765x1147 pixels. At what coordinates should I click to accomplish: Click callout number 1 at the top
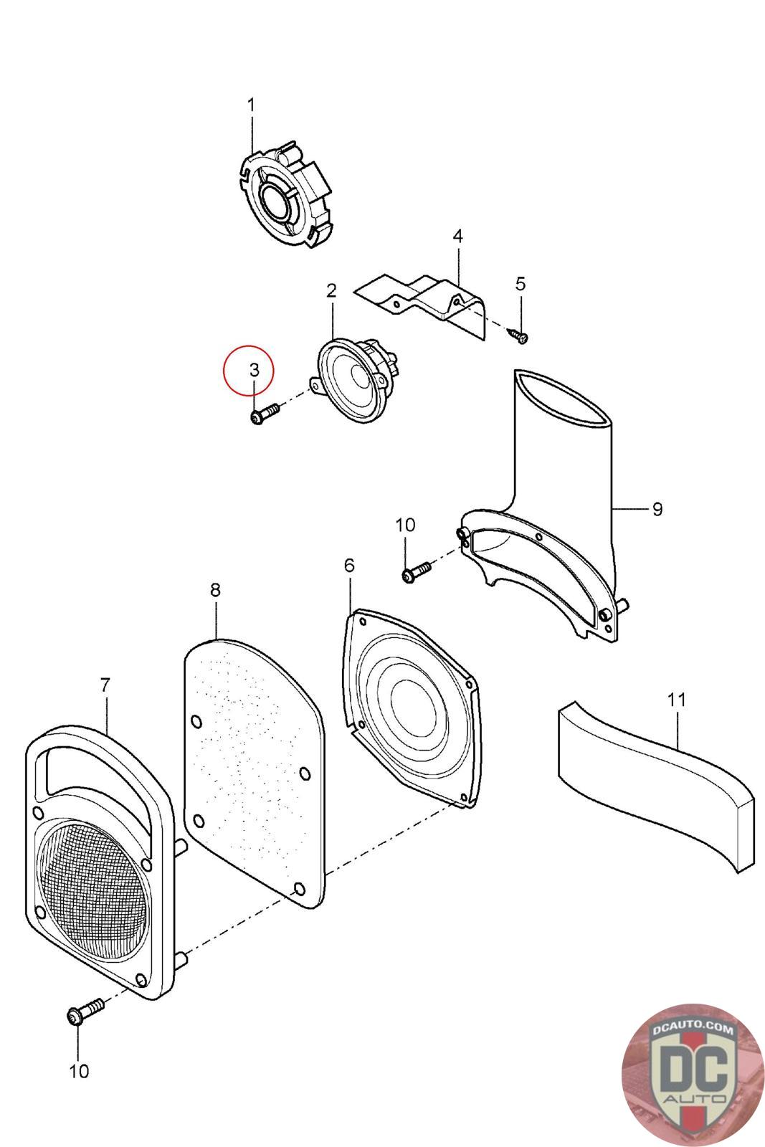tap(251, 105)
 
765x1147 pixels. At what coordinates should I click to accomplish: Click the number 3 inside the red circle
tap(255, 370)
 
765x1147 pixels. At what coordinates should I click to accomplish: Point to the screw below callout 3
tap(264, 414)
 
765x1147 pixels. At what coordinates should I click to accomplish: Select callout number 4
tap(457, 236)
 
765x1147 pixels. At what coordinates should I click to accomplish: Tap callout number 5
tap(521, 283)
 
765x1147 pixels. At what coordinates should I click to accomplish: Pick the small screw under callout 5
tap(519, 334)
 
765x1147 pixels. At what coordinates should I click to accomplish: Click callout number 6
tap(349, 565)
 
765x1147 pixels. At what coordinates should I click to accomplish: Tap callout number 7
tap(105, 685)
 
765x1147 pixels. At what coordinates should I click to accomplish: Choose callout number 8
tap(215, 590)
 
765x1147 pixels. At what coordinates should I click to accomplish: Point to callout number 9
tap(657, 509)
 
